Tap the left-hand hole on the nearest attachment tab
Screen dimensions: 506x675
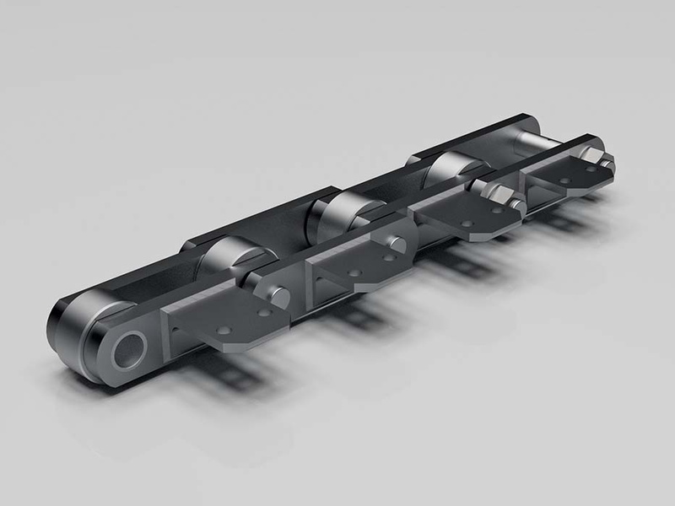pyautogui.click(x=225, y=330)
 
